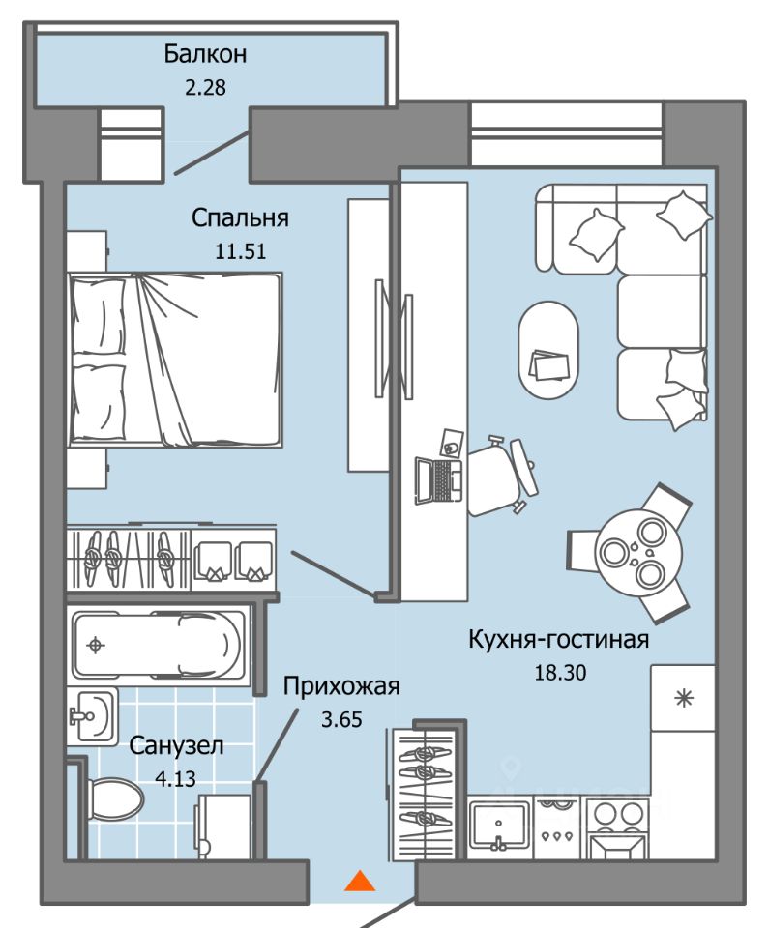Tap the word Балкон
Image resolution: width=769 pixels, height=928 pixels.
tap(205, 54)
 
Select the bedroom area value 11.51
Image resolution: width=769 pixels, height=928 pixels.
tap(240, 251)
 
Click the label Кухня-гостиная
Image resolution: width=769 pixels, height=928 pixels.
tap(559, 640)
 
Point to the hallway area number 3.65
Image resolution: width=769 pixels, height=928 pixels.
tap(341, 719)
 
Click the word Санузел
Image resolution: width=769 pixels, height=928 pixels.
tap(176, 745)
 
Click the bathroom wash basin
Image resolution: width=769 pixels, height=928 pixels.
tap(92, 716)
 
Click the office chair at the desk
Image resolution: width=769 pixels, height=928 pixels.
tap(503, 474)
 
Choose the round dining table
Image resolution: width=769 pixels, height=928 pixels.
tap(639, 553)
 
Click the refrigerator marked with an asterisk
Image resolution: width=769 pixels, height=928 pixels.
tap(683, 698)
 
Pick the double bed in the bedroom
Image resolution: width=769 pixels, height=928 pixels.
tap(175, 360)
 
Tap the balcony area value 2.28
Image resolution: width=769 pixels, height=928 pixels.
tap(205, 88)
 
